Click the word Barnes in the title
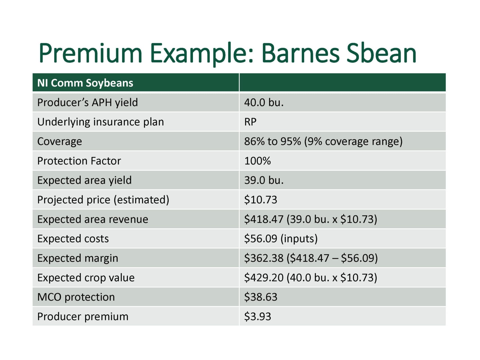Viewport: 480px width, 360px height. (x=300, y=53)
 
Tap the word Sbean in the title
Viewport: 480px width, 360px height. (x=381, y=53)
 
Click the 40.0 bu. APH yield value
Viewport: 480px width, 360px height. (x=264, y=102)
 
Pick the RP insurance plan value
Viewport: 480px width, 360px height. (x=250, y=122)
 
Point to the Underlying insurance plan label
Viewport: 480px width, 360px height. (x=100, y=122)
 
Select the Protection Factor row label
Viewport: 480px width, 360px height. (x=79, y=161)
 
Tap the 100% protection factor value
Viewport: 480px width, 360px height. (x=257, y=161)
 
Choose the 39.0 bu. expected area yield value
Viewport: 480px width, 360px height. (x=264, y=180)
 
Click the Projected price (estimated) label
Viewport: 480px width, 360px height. (x=103, y=200)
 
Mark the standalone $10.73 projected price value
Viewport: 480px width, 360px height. (x=261, y=200)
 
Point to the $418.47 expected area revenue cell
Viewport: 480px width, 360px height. (x=310, y=219)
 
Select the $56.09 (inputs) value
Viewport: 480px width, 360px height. (x=281, y=239)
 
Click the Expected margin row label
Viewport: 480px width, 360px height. (x=78, y=258)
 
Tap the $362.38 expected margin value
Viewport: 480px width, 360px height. (x=311, y=258)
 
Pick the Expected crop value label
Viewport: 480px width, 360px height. (x=86, y=278)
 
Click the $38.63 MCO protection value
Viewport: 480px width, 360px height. (x=261, y=297)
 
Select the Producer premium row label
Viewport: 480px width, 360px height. (x=83, y=317)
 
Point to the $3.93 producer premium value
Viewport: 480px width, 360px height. (x=258, y=316)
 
